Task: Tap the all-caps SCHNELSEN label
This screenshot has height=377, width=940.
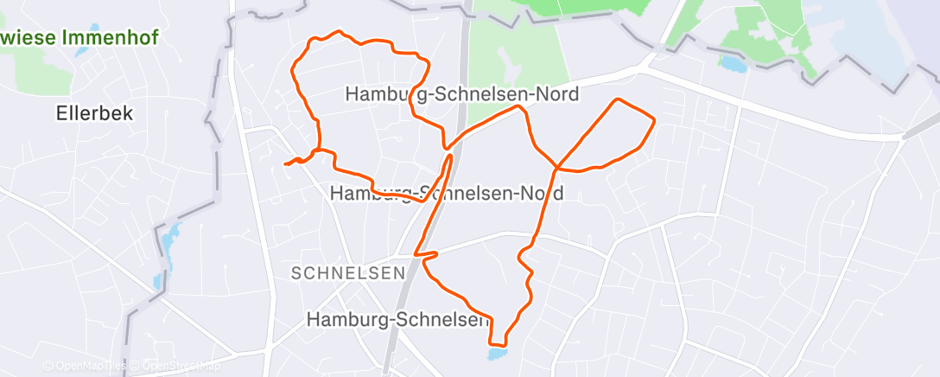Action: [348, 273]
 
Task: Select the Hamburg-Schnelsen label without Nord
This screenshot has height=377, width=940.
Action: [397, 320]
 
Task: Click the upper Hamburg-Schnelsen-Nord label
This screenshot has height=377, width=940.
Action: [461, 93]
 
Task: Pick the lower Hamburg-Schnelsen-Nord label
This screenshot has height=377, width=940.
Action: [447, 193]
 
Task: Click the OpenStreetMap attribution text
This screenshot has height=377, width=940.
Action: [177, 367]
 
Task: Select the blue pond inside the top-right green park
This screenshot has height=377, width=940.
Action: [732, 63]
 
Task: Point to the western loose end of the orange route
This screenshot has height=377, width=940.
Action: [285, 163]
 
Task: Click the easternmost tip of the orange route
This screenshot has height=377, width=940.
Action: [654, 118]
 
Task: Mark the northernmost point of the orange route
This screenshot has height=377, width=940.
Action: [340, 32]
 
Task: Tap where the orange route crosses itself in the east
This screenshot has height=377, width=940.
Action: [558, 165]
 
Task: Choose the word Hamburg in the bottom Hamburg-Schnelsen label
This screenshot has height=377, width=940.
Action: [343, 320]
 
